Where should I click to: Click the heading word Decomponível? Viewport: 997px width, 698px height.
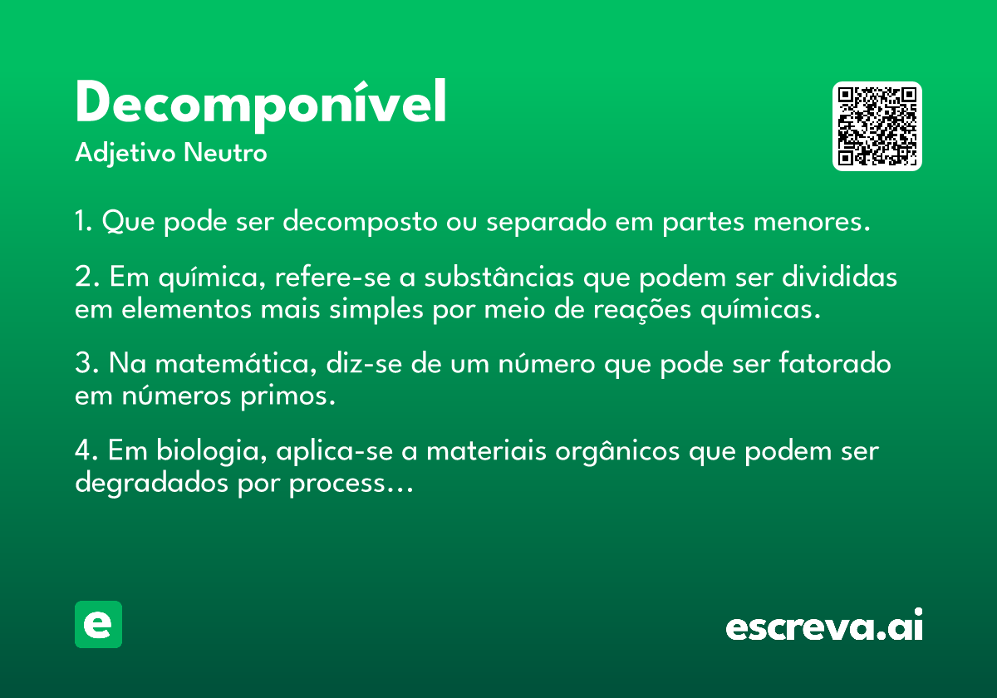click(261, 105)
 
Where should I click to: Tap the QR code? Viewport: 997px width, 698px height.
click(877, 126)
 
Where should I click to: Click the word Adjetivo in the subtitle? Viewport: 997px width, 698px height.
click(125, 154)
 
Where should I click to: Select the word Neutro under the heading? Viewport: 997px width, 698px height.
click(225, 152)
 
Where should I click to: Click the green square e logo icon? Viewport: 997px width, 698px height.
click(98, 624)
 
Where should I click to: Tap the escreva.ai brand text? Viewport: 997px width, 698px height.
click(824, 624)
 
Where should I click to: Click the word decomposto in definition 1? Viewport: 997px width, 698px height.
click(360, 222)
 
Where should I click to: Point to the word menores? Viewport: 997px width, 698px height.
click(812, 222)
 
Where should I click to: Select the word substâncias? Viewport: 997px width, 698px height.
click(499, 277)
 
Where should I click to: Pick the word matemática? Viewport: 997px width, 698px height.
click(236, 363)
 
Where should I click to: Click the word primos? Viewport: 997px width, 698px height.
click(287, 396)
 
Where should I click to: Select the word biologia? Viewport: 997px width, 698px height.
click(211, 451)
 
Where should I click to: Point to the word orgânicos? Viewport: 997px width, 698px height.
click(617, 451)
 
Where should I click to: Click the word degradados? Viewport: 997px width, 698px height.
click(152, 483)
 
